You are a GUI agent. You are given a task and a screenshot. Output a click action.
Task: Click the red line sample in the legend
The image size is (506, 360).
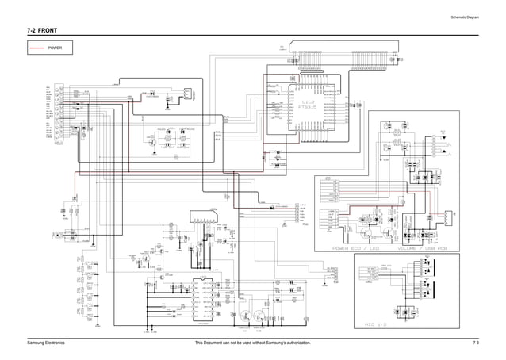[36, 48]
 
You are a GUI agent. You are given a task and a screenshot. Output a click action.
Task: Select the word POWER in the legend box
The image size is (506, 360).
[56, 48]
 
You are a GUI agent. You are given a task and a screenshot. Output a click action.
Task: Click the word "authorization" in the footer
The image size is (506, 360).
[291, 342]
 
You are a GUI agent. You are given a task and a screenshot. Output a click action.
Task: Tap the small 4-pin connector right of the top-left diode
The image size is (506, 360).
[183, 94]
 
